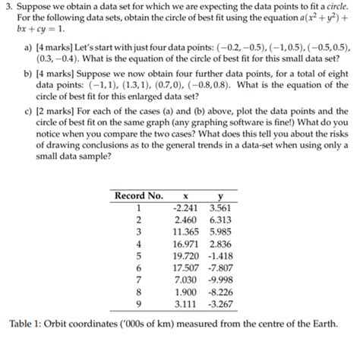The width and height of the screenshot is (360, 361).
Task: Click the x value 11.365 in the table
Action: pos(185,232)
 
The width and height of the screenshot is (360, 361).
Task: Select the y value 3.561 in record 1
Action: pos(219,206)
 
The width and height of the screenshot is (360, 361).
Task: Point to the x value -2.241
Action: pos(186,206)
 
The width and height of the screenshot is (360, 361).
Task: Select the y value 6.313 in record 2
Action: pos(219,219)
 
